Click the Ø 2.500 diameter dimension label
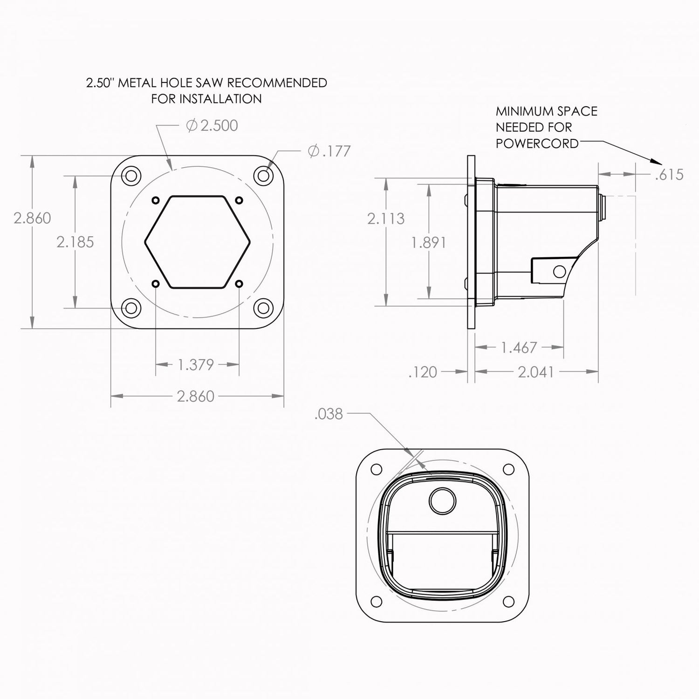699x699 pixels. tap(212, 126)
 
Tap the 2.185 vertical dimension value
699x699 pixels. tap(75, 242)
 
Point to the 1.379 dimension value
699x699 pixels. tap(196, 364)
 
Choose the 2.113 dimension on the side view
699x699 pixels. tap(385, 219)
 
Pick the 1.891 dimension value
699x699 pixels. tap(429, 242)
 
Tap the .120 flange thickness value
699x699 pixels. tap(423, 372)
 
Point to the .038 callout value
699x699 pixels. tap(329, 414)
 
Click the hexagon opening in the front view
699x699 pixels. tap(198, 241)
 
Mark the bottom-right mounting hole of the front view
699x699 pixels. tap(264, 308)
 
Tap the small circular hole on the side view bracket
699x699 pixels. tap(558, 271)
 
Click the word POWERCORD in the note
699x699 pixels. tap(536, 144)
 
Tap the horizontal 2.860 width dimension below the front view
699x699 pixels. tap(196, 396)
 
